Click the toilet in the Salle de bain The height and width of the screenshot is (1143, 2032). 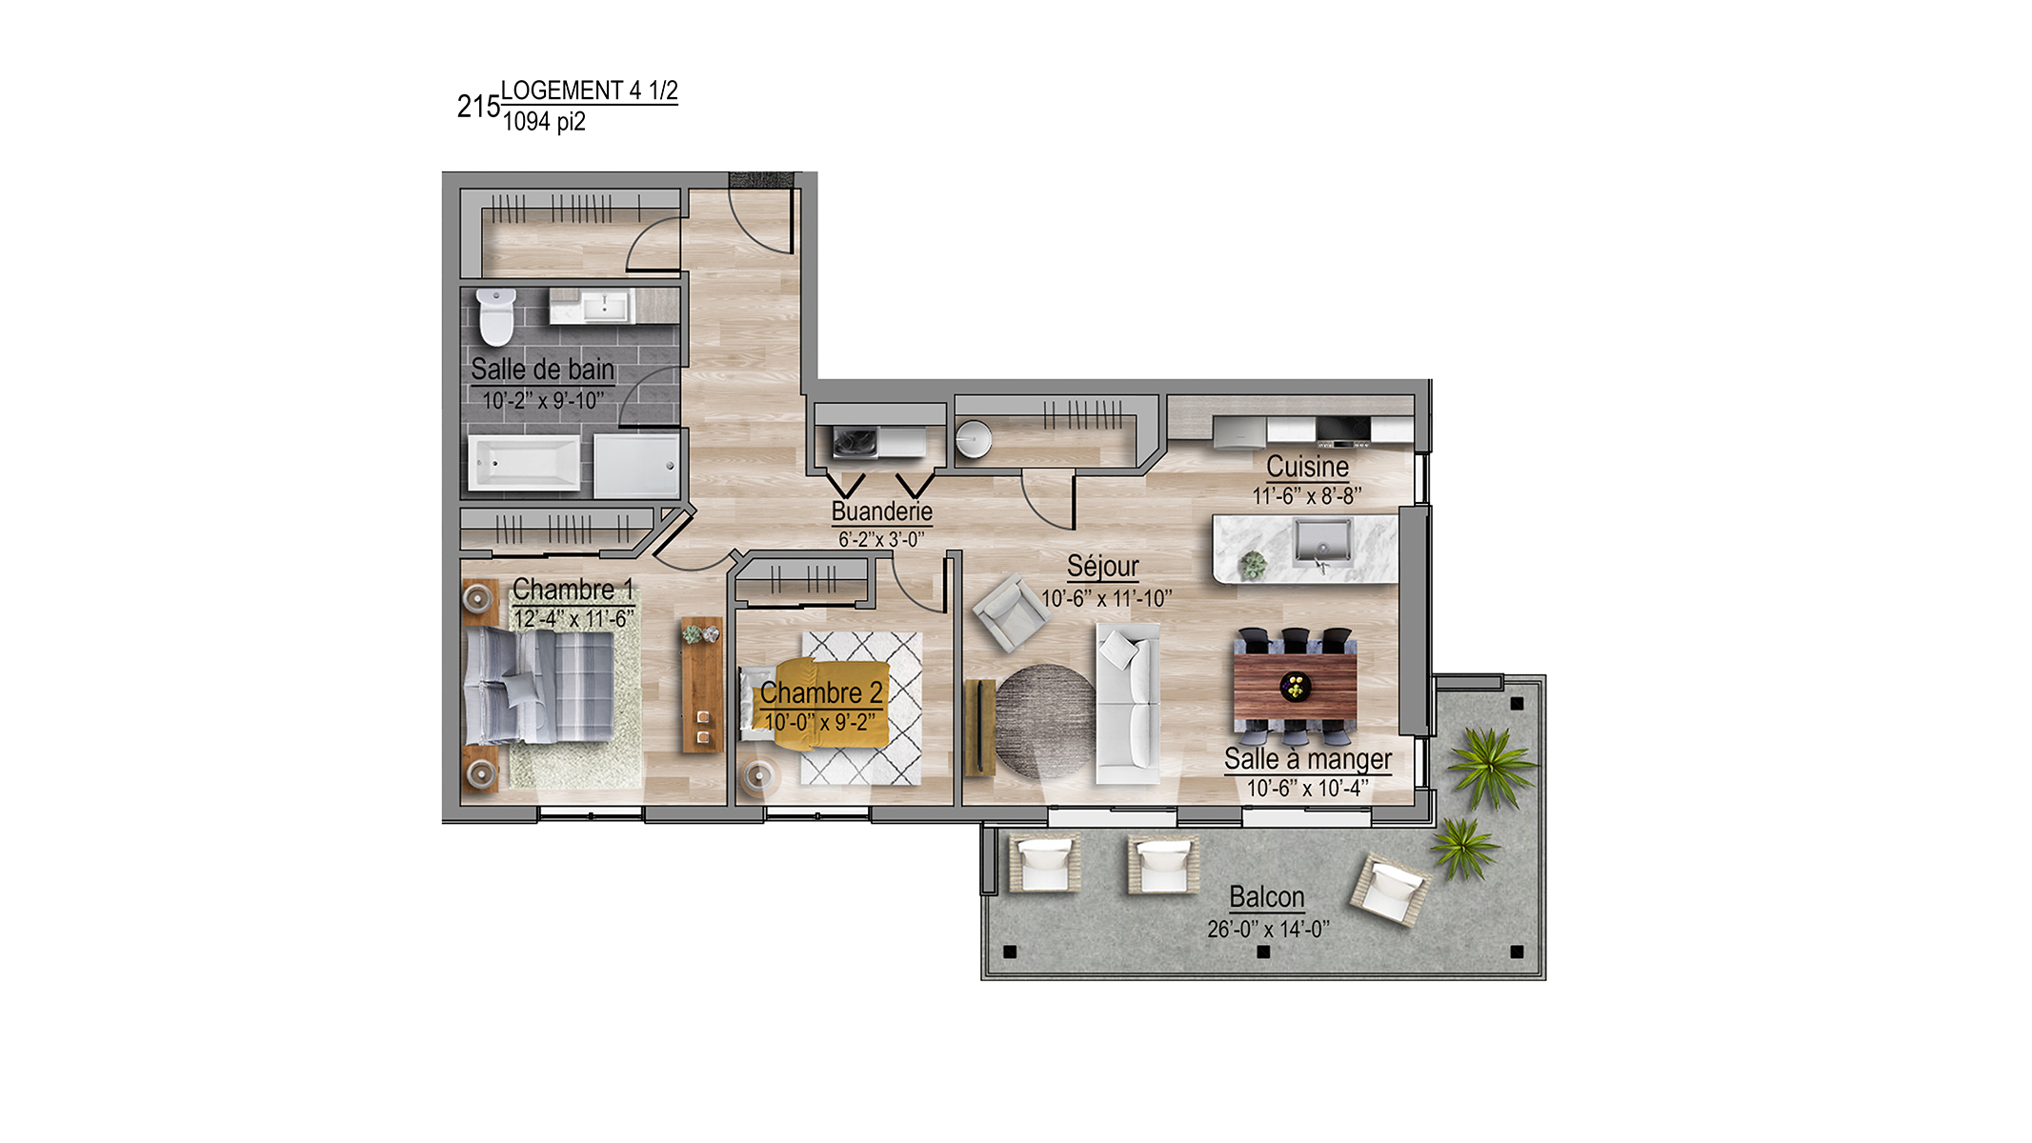(496, 317)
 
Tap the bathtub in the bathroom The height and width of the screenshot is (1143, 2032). (524, 464)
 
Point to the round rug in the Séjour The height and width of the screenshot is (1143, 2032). (1045, 721)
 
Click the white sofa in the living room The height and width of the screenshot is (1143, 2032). (1128, 704)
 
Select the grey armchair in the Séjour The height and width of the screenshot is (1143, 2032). (1011, 612)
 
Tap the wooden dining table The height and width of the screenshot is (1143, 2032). (1296, 687)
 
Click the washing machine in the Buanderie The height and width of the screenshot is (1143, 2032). (854, 442)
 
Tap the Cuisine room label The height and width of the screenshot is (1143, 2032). (1307, 467)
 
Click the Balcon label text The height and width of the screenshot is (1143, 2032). (1267, 897)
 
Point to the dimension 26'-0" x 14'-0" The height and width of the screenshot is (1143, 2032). (1268, 930)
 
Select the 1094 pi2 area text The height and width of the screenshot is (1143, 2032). (544, 122)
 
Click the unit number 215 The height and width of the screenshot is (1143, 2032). (478, 107)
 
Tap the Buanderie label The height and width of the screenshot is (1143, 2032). (882, 511)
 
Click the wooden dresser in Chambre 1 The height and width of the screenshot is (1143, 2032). (702, 685)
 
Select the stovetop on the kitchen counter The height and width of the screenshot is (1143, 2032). (1344, 431)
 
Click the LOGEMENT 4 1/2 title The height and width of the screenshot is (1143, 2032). (590, 90)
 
